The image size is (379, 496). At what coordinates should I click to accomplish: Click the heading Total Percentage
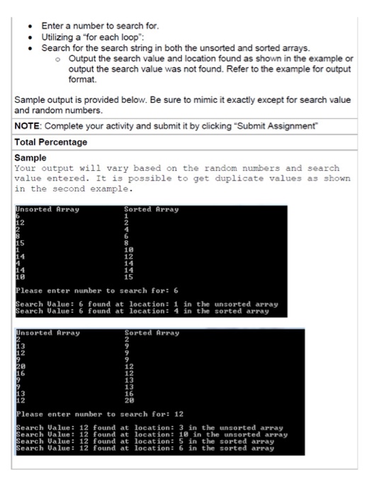tap(51, 142)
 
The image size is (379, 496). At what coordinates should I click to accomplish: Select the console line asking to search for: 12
tap(99, 414)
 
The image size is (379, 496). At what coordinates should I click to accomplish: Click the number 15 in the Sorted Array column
tap(129, 276)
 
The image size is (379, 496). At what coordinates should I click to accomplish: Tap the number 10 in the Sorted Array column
tap(129, 250)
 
